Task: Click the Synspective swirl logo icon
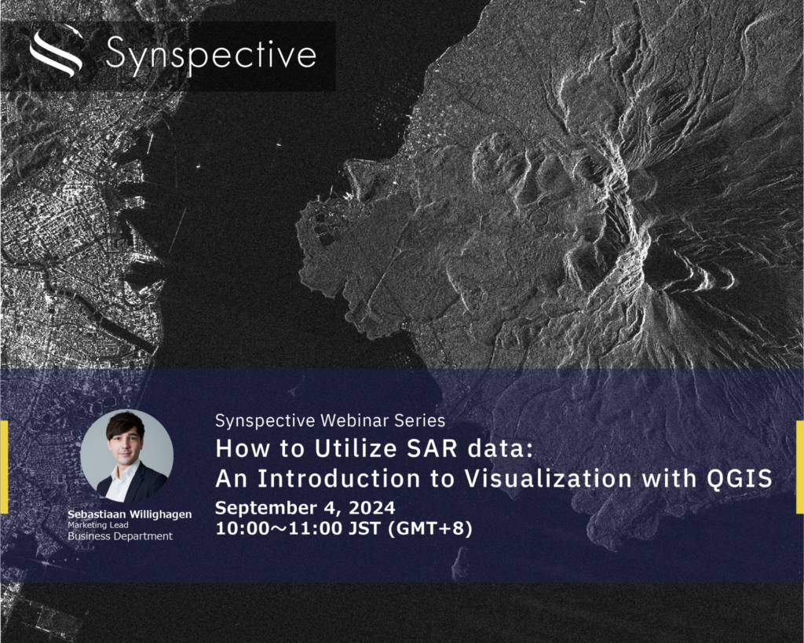tap(57, 53)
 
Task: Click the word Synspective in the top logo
tap(210, 54)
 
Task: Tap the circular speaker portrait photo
tap(126, 455)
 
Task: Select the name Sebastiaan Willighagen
tap(130, 514)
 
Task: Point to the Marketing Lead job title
tap(98, 525)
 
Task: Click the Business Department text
tap(120, 536)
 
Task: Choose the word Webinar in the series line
tap(355, 421)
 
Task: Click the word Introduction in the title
tap(338, 478)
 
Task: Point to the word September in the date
tap(265, 508)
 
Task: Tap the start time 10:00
tap(237, 528)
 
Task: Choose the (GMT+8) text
tap(430, 528)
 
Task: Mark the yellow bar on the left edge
tap(4, 467)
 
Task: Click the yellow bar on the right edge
tap(800, 467)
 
